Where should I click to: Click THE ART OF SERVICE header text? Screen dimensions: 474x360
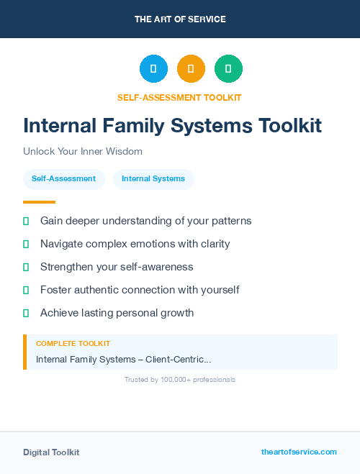pyautogui.click(x=180, y=19)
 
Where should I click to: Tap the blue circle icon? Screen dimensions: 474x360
pyautogui.click(x=153, y=68)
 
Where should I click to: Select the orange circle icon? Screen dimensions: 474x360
pyautogui.click(x=191, y=68)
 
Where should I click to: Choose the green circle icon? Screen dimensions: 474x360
pyautogui.click(x=228, y=68)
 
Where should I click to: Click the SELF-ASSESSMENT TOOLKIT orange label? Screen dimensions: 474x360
pyautogui.click(x=179, y=97)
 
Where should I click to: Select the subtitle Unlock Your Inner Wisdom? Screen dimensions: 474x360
pyautogui.click(x=83, y=152)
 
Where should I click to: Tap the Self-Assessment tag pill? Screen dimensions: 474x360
pyautogui.click(x=63, y=179)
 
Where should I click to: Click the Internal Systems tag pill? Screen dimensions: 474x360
pyautogui.click(x=153, y=179)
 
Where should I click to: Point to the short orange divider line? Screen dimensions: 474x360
pyautogui.click(x=39, y=202)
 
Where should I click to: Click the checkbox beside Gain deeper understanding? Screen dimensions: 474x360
pyautogui.click(x=26, y=221)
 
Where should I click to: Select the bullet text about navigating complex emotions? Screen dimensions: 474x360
pyautogui.click(x=135, y=244)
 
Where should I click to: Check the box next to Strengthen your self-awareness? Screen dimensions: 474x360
pyautogui.click(x=26, y=267)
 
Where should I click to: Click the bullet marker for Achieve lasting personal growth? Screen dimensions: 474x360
pyautogui.click(x=26, y=313)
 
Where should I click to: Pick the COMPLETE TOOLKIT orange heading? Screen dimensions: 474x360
pyautogui.click(x=73, y=344)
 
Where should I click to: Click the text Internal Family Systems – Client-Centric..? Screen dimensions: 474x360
pyautogui.click(x=123, y=359)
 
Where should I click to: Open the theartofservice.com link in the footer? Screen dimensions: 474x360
pyautogui.click(x=299, y=452)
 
